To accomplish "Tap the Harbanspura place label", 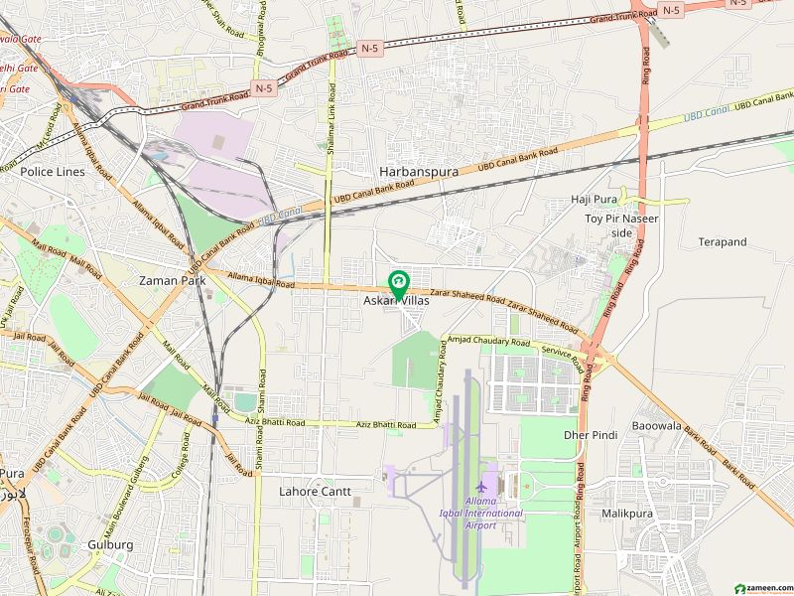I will click(x=418, y=171).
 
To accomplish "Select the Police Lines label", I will click(x=53, y=171).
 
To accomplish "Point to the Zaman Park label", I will click(x=172, y=280).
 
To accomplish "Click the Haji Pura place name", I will click(x=595, y=199).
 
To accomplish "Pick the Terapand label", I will click(x=722, y=241).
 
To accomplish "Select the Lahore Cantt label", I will click(x=315, y=491).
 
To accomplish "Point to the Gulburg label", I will click(x=110, y=544).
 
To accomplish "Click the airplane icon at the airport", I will click(x=482, y=488).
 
